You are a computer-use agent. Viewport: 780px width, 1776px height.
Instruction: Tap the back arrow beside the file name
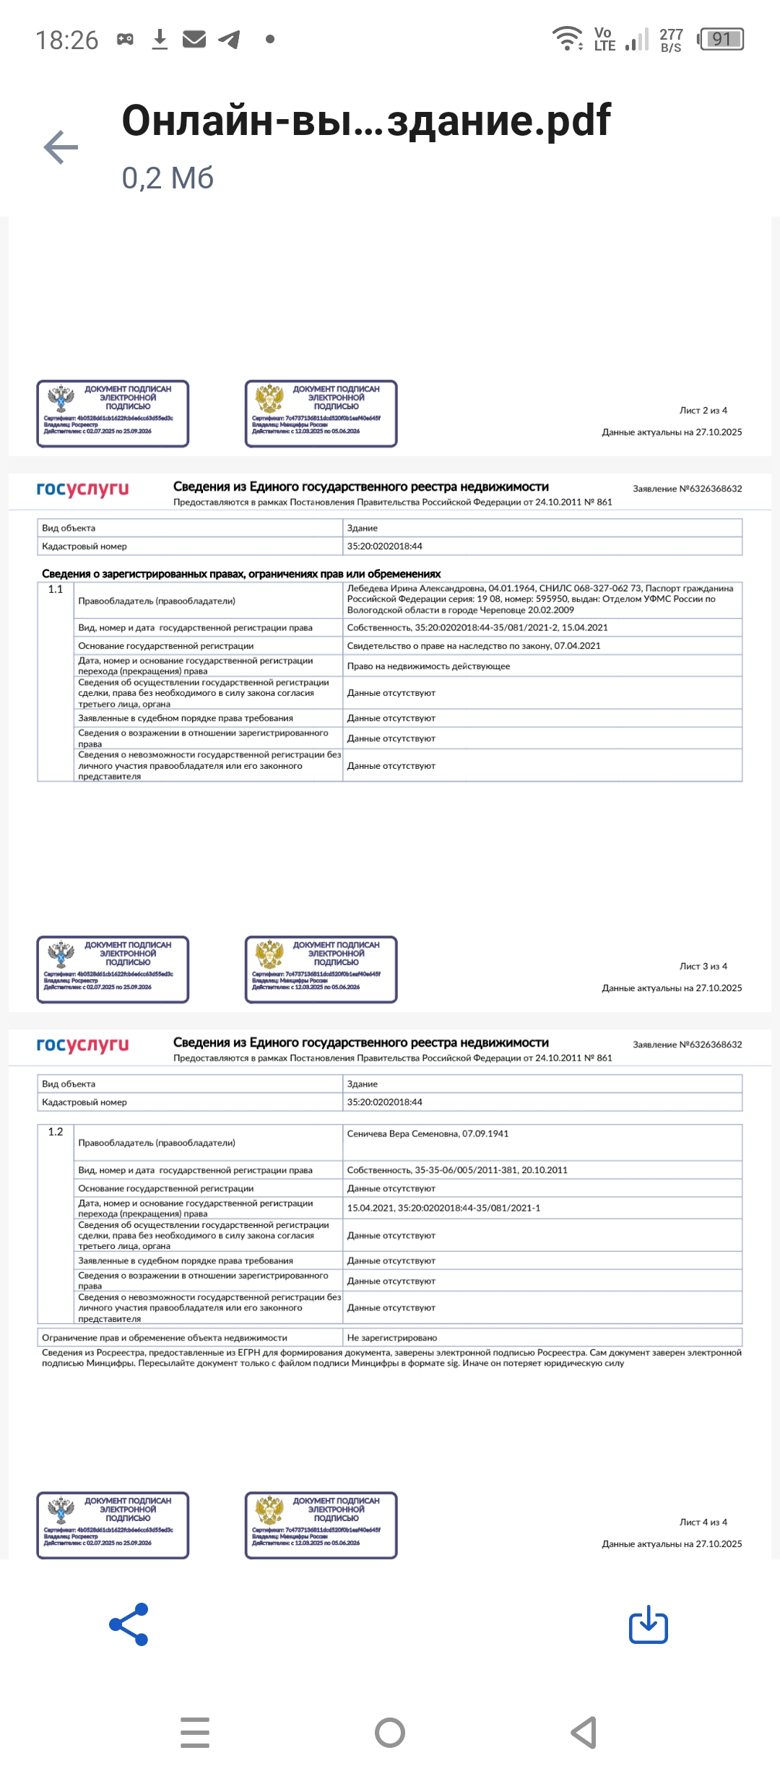point(61,148)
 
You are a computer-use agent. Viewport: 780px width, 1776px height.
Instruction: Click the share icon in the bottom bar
point(129,1624)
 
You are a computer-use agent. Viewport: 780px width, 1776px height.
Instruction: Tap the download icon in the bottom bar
point(648,1624)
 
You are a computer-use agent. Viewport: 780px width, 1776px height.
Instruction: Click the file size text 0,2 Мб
point(168,178)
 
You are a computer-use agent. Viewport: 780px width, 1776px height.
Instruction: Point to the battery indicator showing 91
point(721,39)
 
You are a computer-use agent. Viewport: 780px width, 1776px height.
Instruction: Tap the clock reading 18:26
point(66,40)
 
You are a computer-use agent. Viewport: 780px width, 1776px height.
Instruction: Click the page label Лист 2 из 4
point(703,410)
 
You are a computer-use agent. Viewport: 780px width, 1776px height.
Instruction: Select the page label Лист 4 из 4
point(703,1522)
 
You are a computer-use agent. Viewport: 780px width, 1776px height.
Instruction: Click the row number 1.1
point(56,589)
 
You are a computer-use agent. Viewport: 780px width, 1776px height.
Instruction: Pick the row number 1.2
point(56,1131)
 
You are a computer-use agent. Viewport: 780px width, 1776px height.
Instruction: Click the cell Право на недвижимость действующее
point(428,666)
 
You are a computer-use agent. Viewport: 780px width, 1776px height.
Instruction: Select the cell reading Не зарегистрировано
point(391,1338)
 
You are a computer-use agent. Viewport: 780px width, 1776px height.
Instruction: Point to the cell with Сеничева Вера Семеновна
point(428,1133)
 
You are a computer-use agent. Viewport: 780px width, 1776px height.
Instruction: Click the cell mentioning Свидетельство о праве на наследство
point(473,645)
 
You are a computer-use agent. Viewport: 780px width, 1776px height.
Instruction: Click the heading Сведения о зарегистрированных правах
point(241,574)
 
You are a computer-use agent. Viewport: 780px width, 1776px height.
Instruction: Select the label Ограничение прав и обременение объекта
point(165,1338)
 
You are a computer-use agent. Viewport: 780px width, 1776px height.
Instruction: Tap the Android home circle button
point(390,1733)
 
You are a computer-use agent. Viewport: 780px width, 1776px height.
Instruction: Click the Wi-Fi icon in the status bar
point(567,38)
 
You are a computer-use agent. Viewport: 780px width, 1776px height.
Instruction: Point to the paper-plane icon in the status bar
point(229,39)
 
